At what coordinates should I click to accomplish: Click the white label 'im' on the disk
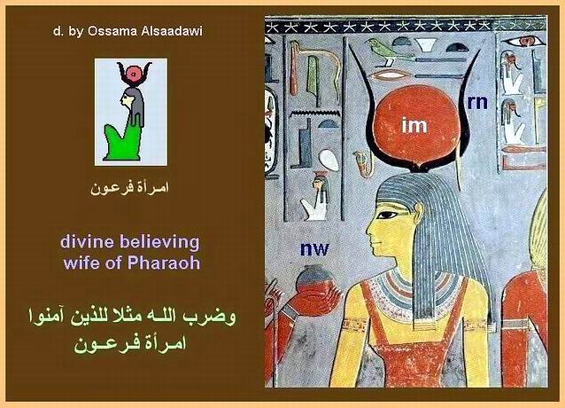[x=414, y=125]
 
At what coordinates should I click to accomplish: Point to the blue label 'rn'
[x=477, y=103]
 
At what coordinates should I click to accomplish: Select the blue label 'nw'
[x=314, y=249]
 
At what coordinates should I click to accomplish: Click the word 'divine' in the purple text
[x=88, y=241]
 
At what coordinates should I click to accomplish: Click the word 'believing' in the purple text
[x=159, y=242]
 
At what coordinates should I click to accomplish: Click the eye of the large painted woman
[x=389, y=216]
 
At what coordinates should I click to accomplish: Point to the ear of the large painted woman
[x=419, y=212]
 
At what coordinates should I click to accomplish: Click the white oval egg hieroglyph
[x=329, y=161]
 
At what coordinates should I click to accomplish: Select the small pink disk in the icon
[x=134, y=75]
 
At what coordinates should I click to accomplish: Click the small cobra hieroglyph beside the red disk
[x=363, y=163]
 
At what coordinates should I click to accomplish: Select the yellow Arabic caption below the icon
[x=129, y=188]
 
